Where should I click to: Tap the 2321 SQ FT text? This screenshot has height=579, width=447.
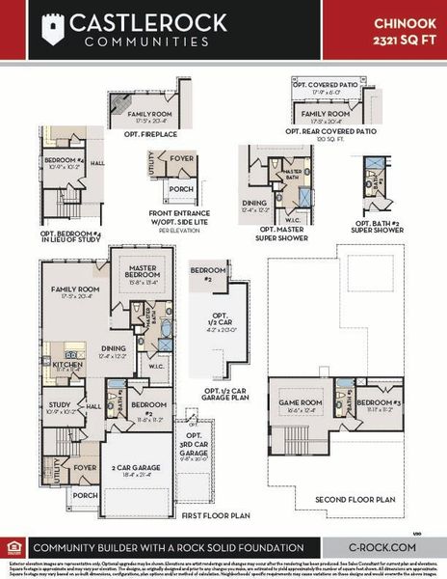tap(400, 36)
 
